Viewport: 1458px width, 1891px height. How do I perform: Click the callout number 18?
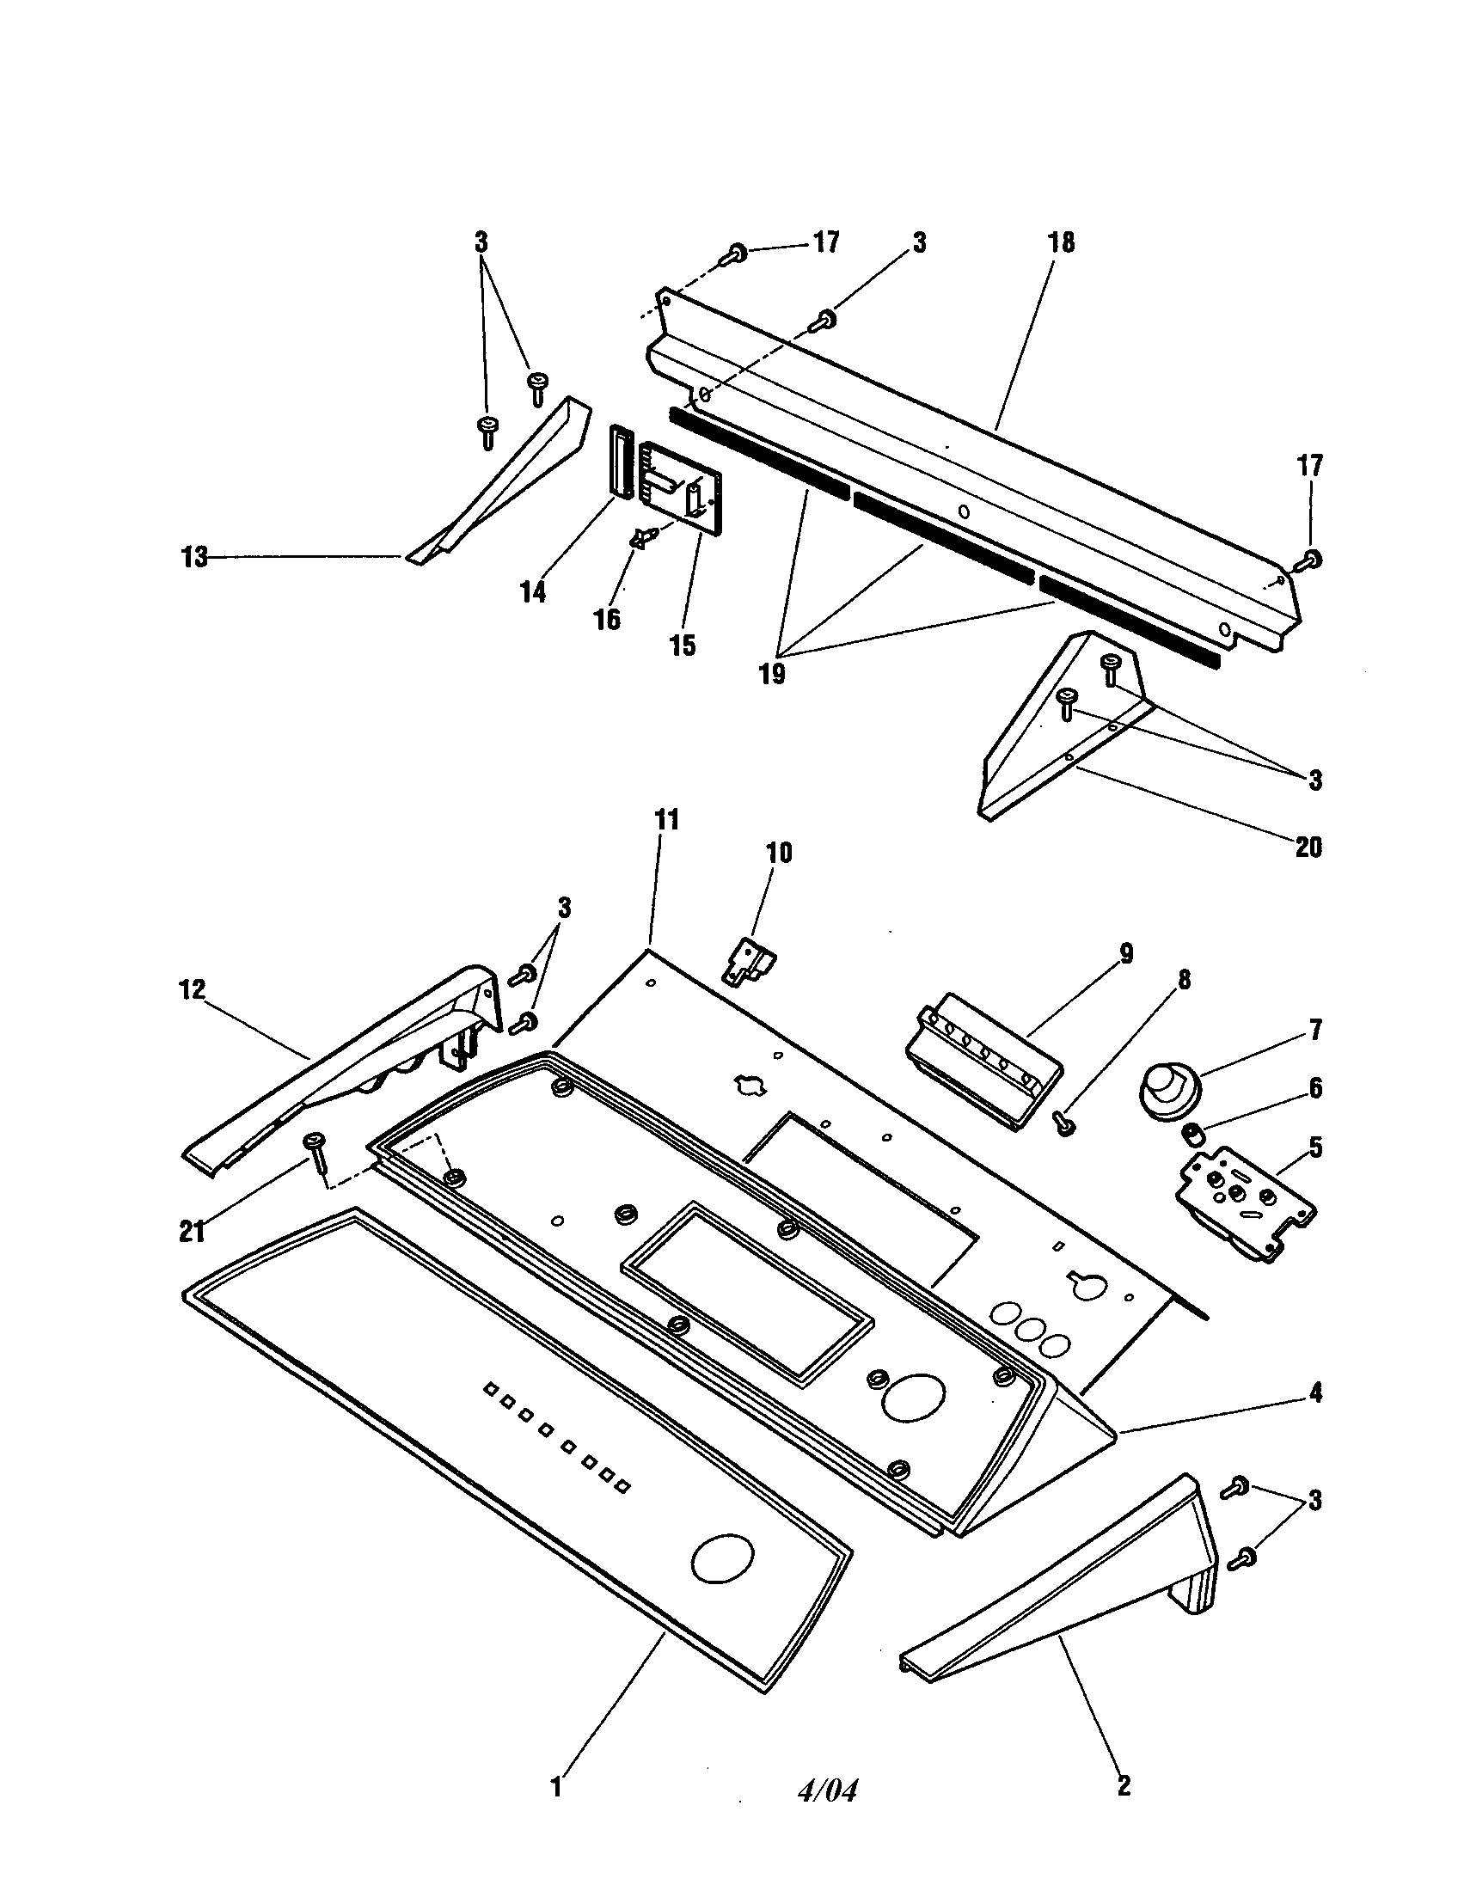click(x=1062, y=242)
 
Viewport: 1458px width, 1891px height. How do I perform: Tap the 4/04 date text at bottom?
click(x=827, y=1790)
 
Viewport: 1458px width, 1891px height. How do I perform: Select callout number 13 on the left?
click(x=194, y=558)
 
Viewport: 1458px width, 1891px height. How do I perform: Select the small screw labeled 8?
click(x=1066, y=1126)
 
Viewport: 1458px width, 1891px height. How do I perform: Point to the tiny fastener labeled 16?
click(x=642, y=539)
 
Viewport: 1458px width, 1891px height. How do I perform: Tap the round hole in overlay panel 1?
click(x=724, y=1561)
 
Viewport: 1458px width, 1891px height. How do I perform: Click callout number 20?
click(x=1308, y=847)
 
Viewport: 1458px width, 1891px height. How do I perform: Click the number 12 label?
click(x=192, y=989)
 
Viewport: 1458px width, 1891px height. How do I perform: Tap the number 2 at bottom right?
click(x=1123, y=1785)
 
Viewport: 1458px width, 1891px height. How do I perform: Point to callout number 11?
click(x=665, y=819)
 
